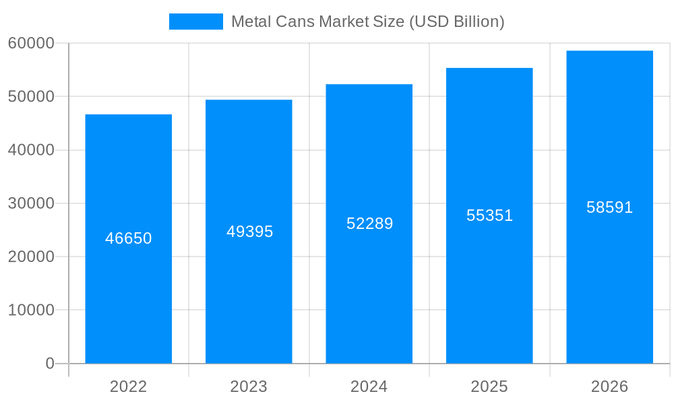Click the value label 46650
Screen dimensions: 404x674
129,238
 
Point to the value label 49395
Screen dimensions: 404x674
249,232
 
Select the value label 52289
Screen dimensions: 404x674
369,224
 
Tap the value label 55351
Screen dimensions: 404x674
490,215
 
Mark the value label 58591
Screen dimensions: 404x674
610,207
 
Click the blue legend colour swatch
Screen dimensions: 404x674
195,22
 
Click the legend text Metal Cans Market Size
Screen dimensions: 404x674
367,22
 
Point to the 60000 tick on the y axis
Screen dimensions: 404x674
31,43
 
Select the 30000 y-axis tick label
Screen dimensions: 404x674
31,203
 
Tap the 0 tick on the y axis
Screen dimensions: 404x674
50,364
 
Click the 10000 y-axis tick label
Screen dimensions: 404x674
31,310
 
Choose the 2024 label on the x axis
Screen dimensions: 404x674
369,386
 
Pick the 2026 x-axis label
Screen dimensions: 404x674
609,386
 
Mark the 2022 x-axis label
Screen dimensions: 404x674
128,386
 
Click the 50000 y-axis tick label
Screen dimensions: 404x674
31,96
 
